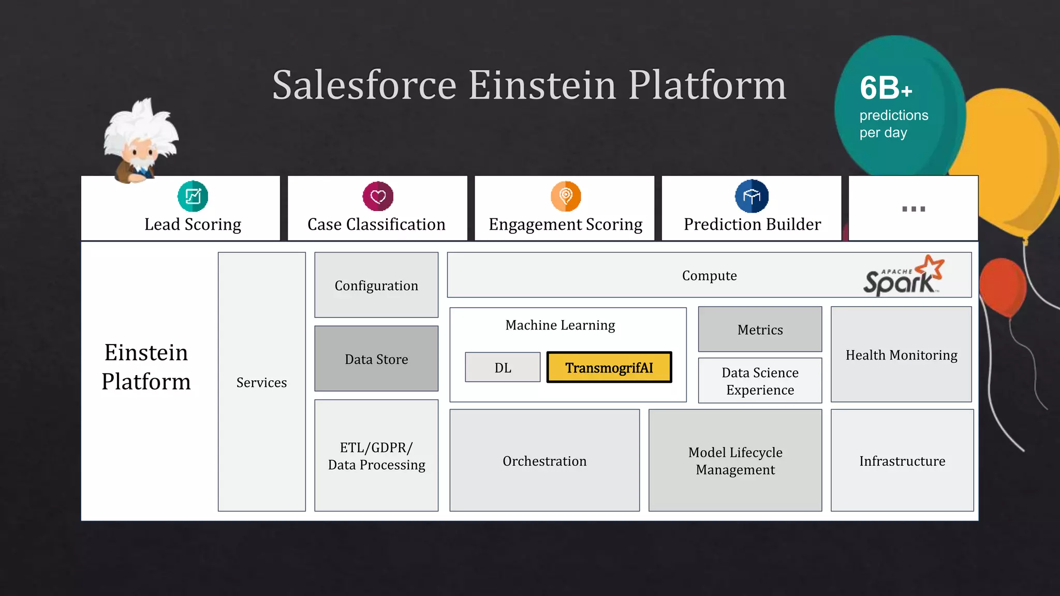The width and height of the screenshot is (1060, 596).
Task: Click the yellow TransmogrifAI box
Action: pos(609,367)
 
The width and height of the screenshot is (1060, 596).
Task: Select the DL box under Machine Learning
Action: pos(503,367)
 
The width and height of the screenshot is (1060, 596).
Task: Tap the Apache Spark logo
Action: pos(903,276)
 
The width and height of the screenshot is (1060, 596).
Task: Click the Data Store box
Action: pos(376,359)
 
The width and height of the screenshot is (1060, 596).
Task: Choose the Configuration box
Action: pos(376,285)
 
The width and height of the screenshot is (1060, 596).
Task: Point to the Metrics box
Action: pos(760,329)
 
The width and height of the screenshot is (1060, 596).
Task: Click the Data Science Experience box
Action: pos(760,381)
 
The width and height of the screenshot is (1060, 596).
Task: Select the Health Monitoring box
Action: pos(901,355)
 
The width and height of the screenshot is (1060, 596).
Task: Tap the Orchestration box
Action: pos(544,460)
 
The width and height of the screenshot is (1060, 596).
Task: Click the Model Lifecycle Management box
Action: pos(735,460)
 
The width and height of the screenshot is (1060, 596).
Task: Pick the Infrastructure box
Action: pos(902,460)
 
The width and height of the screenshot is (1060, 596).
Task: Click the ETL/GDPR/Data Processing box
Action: pos(376,455)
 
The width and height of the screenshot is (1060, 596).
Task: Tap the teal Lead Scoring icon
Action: pos(193,196)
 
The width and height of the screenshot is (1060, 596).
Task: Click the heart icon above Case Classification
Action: pos(378,196)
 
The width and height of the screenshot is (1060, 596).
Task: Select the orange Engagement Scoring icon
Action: pos(566,196)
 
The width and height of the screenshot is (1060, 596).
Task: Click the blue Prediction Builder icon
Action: pos(752,196)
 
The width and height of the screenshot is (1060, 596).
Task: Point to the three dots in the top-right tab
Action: pos(914,209)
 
